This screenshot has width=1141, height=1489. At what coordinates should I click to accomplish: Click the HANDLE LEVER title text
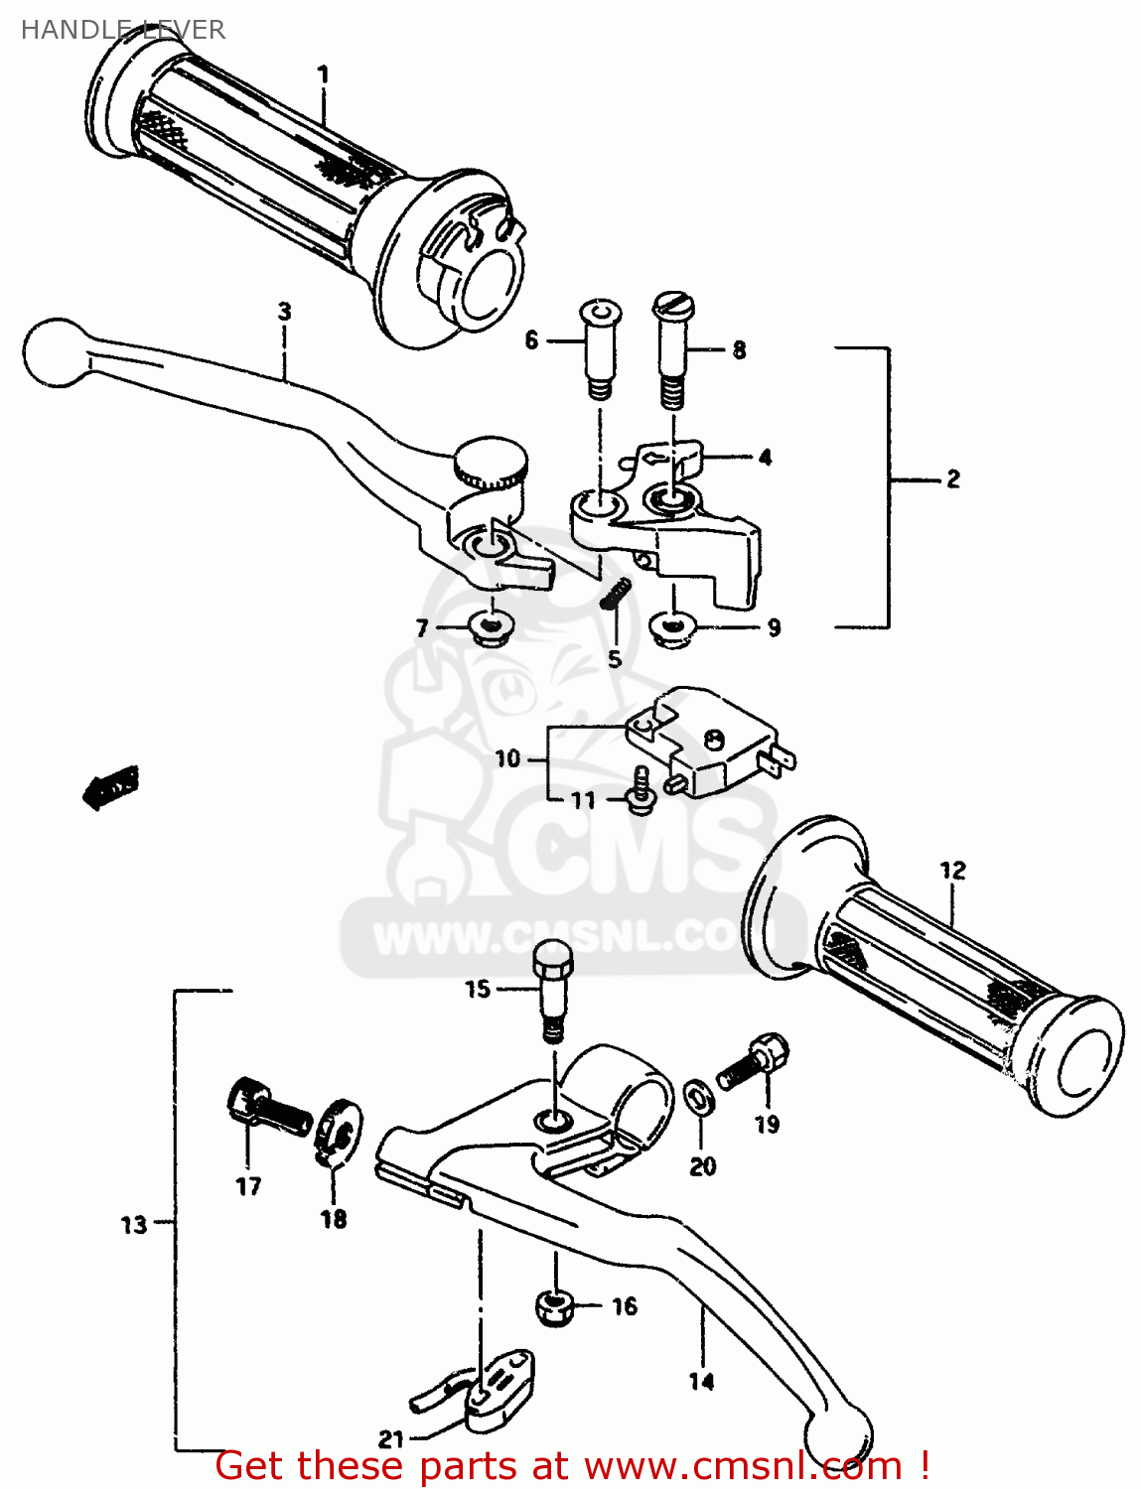pos(122,30)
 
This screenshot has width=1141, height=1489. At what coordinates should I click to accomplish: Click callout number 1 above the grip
pos(322,74)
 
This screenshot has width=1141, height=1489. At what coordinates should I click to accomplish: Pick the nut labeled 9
pos(672,627)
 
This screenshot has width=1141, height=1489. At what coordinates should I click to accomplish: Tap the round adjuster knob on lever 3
pos(490,462)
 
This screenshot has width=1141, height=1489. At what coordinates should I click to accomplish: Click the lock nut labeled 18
pos(338,1132)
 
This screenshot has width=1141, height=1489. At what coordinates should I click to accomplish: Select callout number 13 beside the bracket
pos(134,1225)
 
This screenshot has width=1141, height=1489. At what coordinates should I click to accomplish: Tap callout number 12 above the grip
pos(951,871)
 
